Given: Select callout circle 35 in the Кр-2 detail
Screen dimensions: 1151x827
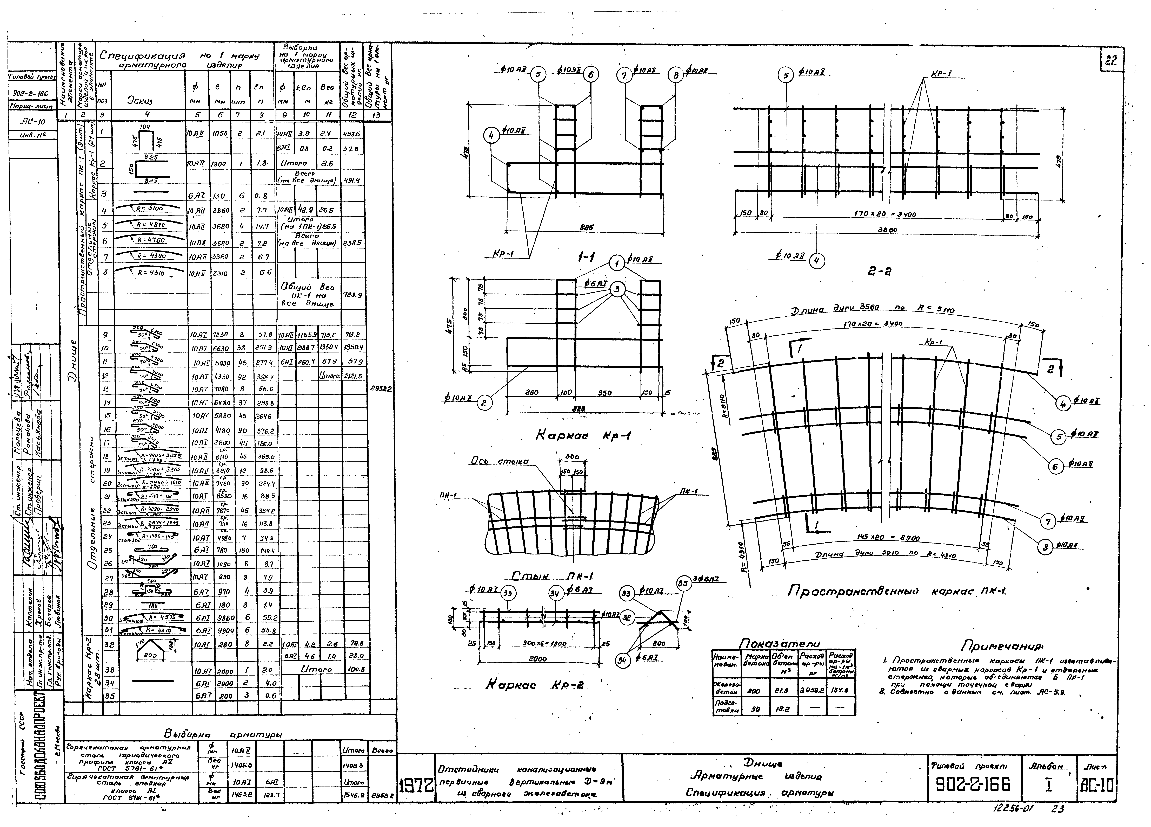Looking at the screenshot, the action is [684, 584].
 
